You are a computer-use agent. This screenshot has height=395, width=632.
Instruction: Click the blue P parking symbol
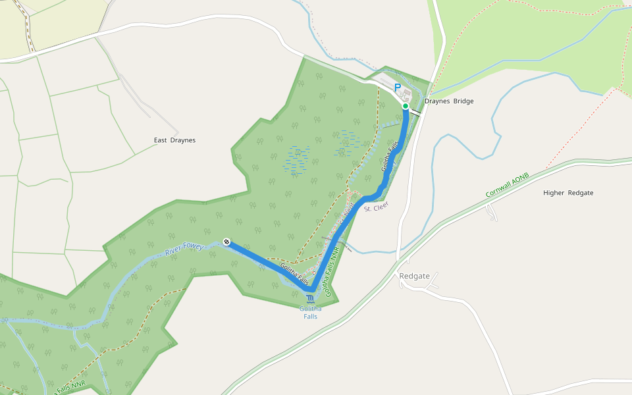pos(397,87)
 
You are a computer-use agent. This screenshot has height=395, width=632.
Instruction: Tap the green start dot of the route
pos(406,106)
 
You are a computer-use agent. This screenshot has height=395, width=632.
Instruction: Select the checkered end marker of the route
pos(226,242)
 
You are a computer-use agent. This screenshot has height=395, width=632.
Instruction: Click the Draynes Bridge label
pos(449,101)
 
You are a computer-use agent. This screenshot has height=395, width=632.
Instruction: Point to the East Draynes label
pos(174,140)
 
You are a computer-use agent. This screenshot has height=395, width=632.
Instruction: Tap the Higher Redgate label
pos(568,193)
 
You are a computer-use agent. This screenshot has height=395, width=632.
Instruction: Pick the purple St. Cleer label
pos(377,207)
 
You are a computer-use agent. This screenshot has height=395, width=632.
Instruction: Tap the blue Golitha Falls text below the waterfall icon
pos(311,312)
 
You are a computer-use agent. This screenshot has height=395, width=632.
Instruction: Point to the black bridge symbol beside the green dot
pos(416,112)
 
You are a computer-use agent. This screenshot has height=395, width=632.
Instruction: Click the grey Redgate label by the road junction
pos(414,276)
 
